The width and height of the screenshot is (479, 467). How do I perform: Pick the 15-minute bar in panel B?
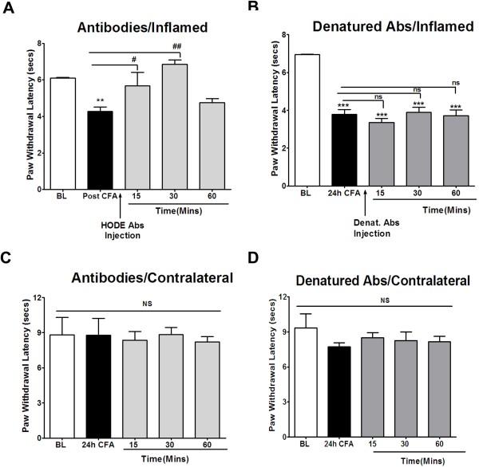370,155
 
